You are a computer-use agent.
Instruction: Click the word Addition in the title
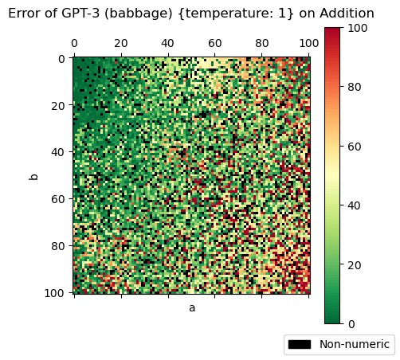pyautogui.click(x=347, y=14)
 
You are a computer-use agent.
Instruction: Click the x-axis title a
pyautogui.click(x=192, y=307)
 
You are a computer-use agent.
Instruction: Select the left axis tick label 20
pyautogui.click(x=57, y=105)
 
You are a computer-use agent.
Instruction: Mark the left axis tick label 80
pyautogui.click(x=57, y=245)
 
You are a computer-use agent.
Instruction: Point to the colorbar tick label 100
pyautogui.click(x=358, y=29)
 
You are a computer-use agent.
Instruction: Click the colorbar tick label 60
pyautogui.click(x=355, y=147)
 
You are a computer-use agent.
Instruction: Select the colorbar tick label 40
pyautogui.click(x=355, y=205)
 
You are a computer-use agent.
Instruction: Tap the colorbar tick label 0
pyautogui.click(x=352, y=323)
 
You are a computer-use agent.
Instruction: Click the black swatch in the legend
pyautogui.click(x=300, y=344)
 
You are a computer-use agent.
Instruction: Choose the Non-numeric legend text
pyautogui.click(x=355, y=344)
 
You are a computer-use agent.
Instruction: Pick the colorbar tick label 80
pyautogui.click(x=355, y=88)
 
